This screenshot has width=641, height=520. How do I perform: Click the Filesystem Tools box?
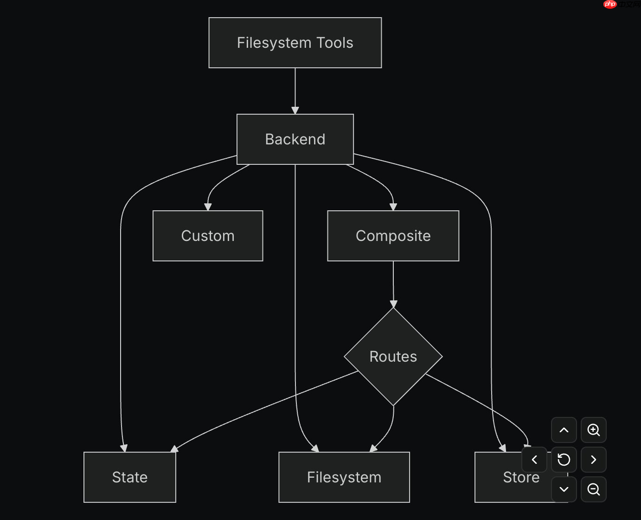tap(295, 43)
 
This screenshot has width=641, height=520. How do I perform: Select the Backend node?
tap(295, 139)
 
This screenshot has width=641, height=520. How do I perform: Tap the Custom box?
tap(208, 236)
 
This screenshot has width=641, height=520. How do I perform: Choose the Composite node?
tap(393, 236)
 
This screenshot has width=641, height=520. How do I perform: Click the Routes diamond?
tap(393, 357)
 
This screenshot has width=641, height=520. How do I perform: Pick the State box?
tap(130, 477)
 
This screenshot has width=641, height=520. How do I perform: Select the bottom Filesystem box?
tap(344, 477)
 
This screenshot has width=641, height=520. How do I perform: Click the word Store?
tap(521, 477)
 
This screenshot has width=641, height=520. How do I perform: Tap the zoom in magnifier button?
tap(594, 430)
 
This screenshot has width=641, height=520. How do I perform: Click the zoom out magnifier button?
tap(594, 489)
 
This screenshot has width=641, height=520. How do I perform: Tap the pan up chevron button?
tap(564, 430)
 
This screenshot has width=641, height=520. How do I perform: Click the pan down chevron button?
tap(564, 489)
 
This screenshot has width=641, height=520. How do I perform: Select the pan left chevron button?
tap(534, 460)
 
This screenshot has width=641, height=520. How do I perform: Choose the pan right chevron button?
tap(594, 460)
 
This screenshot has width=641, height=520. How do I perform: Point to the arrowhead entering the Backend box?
tap(295, 110)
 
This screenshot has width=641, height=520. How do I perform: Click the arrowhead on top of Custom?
tap(208, 207)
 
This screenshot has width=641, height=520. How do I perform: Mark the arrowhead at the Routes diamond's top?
tap(393, 304)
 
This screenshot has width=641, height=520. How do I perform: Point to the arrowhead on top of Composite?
tap(393, 207)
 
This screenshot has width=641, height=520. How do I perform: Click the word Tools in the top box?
tap(334, 43)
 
